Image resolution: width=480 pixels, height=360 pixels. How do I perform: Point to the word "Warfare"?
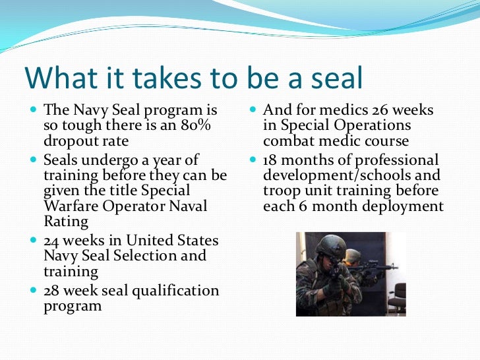pyautogui.click(x=71, y=206)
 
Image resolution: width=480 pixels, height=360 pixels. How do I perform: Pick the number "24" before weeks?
pyautogui.click(x=52, y=241)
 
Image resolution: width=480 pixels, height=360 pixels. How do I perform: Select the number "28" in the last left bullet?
pyautogui.click(x=52, y=290)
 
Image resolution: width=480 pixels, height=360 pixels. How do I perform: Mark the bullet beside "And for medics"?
pyautogui.click(x=253, y=110)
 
